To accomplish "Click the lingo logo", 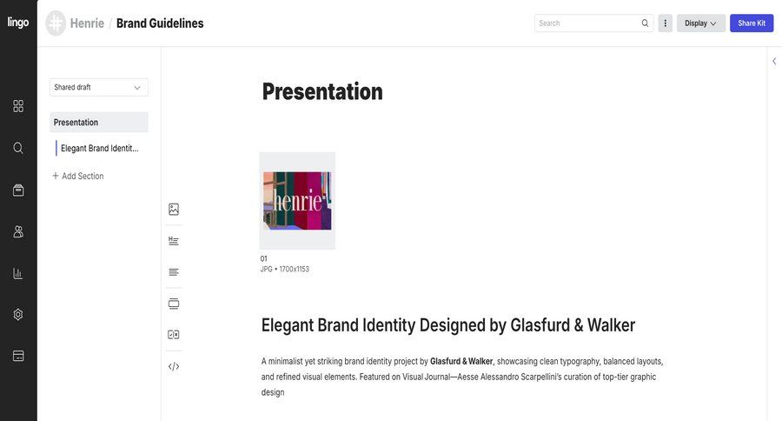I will (18, 23).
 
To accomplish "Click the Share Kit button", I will (752, 23).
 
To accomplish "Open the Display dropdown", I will (700, 23).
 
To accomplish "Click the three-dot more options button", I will (666, 23).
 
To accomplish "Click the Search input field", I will (587, 23).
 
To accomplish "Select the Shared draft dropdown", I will (98, 87).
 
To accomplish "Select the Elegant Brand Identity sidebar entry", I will (99, 148).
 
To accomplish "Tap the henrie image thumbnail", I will (297, 201).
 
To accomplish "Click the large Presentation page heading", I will (322, 91).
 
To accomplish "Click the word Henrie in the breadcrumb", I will (86, 23).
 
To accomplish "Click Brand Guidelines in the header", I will (160, 23).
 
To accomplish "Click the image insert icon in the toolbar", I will (174, 209).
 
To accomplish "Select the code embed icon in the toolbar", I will (174, 366).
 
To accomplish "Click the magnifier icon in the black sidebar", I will (18, 148).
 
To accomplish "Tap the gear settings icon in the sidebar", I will (18, 314).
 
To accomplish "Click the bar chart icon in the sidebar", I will (18, 273).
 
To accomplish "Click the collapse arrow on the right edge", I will (774, 61).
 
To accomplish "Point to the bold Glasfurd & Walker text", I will (461, 361).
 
